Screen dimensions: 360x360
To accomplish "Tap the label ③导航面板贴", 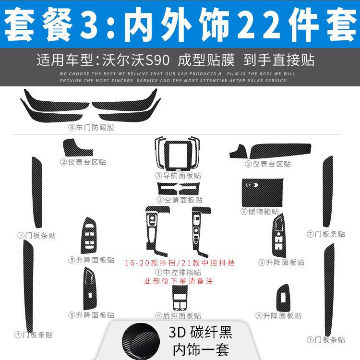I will [178, 175].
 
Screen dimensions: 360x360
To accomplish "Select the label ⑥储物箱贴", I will [260, 211].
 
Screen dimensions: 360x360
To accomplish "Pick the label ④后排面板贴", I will [178, 315].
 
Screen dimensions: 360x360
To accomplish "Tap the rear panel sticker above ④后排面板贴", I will [179, 299].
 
